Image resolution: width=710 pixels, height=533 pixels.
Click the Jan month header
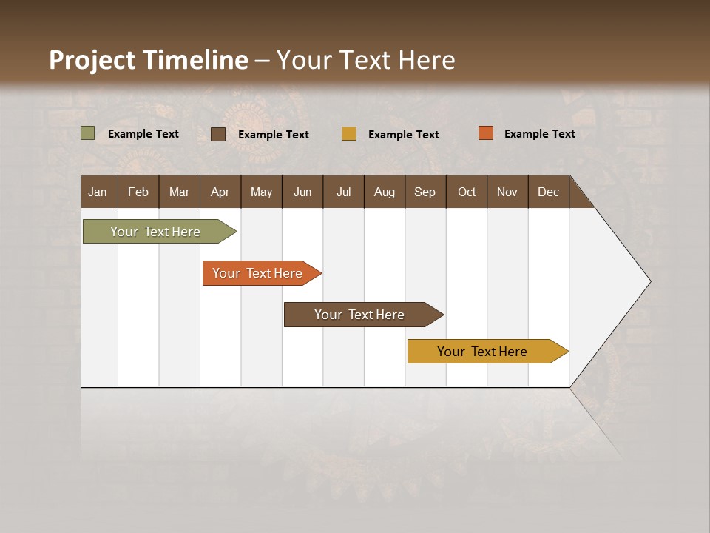[x=98, y=192]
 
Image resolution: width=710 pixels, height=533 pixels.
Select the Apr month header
[x=220, y=192]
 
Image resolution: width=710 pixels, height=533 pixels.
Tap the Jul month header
[x=343, y=192]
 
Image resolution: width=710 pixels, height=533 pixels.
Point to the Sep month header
[x=425, y=192]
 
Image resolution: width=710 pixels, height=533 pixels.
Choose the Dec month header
[x=548, y=192]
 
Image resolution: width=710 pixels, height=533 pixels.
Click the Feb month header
[x=138, y=192]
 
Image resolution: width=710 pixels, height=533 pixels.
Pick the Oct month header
[x=467, y=192]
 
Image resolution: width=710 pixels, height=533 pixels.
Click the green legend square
[x=87, y=133]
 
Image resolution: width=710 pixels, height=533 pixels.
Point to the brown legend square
[x=217, y=134]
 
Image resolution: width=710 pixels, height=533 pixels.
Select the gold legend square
[x=349, y=134]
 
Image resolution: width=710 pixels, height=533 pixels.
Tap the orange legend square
[x=485, y=133]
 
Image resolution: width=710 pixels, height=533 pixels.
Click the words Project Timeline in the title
[x=149, y=60]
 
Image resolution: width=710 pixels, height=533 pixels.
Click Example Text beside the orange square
[x=539, y=134]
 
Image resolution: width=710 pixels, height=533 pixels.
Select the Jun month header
[x=302, y=192]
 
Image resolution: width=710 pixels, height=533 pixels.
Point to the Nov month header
[x=507, y=192]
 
